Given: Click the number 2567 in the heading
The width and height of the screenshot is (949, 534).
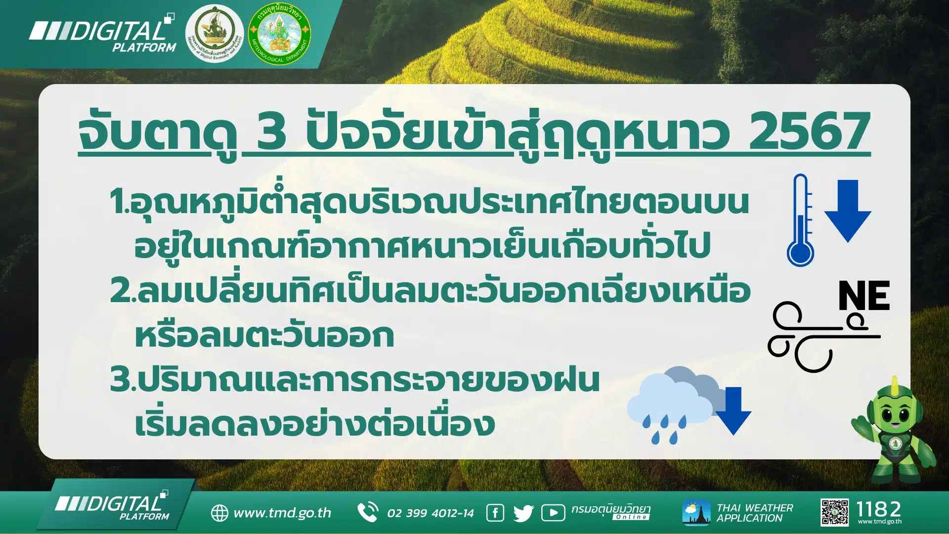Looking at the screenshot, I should (810, 131).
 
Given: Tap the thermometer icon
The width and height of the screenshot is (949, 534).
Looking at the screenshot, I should (800, 221).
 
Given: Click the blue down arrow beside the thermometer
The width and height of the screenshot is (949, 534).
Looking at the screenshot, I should (847, 211).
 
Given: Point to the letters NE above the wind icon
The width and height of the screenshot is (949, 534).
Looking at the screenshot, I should (864, 296).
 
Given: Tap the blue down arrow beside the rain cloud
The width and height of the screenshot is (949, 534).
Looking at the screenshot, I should (733, 411).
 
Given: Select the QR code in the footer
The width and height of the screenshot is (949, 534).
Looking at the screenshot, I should (834, 512).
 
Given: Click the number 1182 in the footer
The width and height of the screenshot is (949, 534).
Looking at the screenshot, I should (879, 509).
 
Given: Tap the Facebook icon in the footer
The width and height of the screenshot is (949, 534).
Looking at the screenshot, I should (495, 513).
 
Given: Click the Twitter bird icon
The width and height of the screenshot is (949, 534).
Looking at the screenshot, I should (523, 513).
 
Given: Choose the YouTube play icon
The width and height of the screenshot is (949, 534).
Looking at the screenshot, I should (553, 513).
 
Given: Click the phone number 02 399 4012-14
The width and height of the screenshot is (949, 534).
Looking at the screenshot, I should (430, 513).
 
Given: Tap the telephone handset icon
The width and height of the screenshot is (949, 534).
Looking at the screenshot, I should (368, 512).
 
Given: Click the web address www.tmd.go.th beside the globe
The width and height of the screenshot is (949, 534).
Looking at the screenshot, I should (282, 513).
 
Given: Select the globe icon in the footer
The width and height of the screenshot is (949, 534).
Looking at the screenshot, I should (219, 513).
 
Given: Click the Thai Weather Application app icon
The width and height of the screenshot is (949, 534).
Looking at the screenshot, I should (696, 513).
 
